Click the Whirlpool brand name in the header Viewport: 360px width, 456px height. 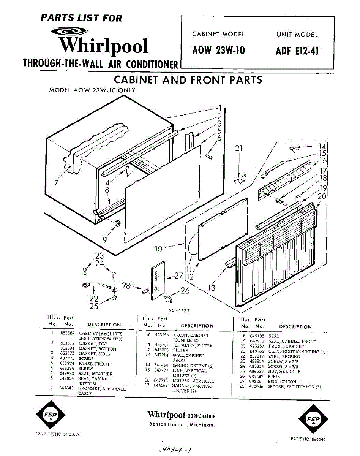click(x=104, y=46)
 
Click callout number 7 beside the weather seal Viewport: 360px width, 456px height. click(x=56, y=183)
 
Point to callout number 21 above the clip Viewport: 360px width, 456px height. click(x=238, y=149)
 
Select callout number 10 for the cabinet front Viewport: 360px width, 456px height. click(x=159, y=249)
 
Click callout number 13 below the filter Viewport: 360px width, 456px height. click(x=211, y=288)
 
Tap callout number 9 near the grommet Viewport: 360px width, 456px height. click(x=104, y=240)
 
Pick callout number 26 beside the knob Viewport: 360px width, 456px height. click(x=185, y=291)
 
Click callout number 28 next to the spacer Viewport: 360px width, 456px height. click(x=126, y=285)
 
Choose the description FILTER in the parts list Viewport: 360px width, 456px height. click(x=181, y=350)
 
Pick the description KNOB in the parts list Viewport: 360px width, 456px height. click(x=274, y=377)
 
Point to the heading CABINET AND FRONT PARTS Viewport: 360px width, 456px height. click(x=188, y=80)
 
